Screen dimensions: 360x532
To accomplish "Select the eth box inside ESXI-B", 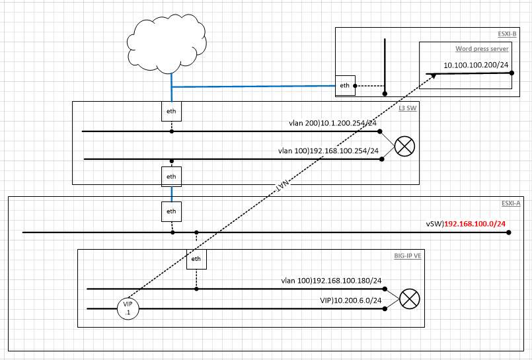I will click(x=344, y=86).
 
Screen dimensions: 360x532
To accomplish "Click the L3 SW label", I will click(x=408, y=107).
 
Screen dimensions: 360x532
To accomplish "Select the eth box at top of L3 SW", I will click(x=171, y=111).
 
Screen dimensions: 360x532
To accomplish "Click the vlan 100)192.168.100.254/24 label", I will click(x=330, y=151).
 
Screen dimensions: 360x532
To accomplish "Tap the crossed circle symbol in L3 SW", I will click(x=404, y=146).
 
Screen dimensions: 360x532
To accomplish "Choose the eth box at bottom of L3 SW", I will click(x=171, y=176).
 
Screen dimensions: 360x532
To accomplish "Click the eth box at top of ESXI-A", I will click(x=171, y=211).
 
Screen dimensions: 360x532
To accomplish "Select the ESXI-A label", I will click(x=510, y=203).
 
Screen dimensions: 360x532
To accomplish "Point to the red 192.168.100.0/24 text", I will click(x=475, y=225).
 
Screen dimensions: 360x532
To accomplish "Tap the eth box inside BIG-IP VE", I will click(x=196, y=259).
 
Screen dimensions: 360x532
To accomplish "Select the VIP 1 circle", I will click(x=128, y=308).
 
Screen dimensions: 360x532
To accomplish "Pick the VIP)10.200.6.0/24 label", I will click(x=351, y=300).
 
